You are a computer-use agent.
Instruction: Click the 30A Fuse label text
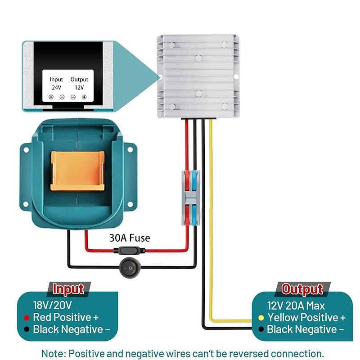[130, 238]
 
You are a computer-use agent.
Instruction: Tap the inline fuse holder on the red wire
[130, 251]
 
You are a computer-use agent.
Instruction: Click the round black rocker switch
[130, 268]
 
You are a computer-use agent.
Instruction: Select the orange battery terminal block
[77, 171]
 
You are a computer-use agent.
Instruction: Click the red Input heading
[68, 288]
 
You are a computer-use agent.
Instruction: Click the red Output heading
[302, 289]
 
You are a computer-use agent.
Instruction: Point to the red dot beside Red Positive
[27, 318]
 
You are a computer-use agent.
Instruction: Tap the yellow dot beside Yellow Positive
[261, 318]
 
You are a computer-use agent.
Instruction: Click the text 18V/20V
[52, 305]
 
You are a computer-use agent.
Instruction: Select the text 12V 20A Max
[296, 306]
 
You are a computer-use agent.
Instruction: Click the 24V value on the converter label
[57, 87]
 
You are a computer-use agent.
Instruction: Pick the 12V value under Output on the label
[79, 87]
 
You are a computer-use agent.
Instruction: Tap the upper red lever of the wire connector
[187, 181]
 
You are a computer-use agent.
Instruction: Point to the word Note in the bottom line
[54, 354]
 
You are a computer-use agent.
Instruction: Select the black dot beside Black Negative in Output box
[261, 329]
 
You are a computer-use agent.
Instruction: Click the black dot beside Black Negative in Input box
[27, 329]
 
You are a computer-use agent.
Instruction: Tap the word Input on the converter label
[56, 80]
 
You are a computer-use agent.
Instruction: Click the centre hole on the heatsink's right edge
[236, 76]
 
